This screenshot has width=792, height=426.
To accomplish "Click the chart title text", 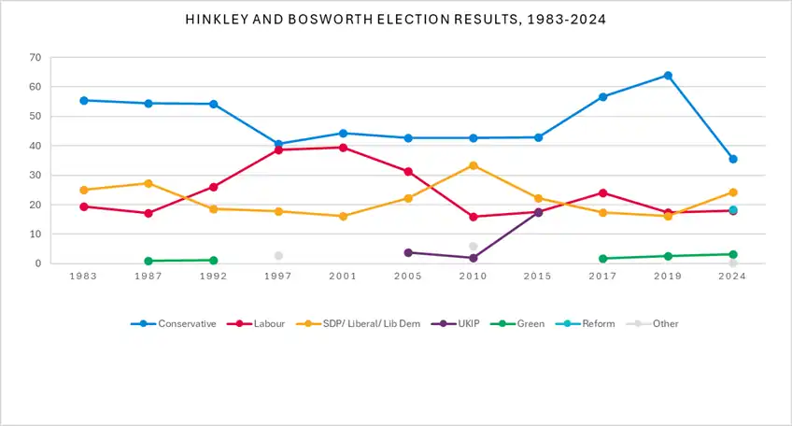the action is (395, 20).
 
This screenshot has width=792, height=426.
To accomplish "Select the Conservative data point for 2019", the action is (668, 76).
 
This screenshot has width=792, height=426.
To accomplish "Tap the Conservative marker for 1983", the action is (84, 101).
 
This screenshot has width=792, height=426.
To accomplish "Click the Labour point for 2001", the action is (343, 148).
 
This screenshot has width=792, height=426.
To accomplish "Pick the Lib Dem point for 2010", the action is (474, 165).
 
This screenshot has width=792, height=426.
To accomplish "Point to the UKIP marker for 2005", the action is (408, 252).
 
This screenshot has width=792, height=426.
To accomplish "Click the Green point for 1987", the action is (148, 262).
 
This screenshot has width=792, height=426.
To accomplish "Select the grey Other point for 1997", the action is (278, 256).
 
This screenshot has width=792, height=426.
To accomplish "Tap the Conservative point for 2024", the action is (733, 159).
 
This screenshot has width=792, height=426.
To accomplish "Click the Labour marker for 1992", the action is (213, 187).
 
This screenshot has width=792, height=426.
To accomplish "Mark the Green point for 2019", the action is (668, 256).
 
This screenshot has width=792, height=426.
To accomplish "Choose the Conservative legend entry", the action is (174, 323).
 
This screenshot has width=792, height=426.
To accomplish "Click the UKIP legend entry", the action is (455, 323).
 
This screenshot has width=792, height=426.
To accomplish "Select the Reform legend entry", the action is (585, 323).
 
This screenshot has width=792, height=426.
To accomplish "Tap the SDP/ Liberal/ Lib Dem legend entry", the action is (358, 323).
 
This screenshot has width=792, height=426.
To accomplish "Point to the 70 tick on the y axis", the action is (35, 58).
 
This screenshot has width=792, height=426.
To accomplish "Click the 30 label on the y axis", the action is (35, 176).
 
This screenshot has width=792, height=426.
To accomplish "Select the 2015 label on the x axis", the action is (537, 276).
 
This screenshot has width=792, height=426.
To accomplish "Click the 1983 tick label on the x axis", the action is (83, 276).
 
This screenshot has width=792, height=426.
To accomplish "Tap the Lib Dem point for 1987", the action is (148, 183).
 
